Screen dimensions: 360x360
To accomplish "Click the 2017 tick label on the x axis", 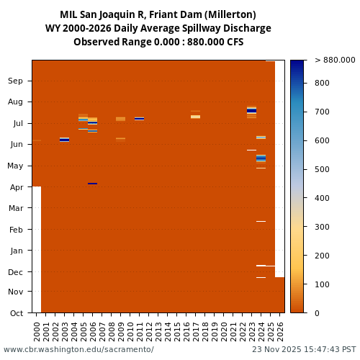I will pyautogui.click(x=196, y=331).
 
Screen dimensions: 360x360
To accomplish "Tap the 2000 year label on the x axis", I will pyautogui.click(x=37, y=331).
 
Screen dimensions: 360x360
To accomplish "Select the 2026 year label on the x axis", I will pyautogui.click(x=280, y=331).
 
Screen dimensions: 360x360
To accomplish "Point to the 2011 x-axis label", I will pyautogui.click(x=140, y=331).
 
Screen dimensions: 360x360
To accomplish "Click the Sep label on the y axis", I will pyautogui.click(x=15, y=81).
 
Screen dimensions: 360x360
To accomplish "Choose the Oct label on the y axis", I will pyautogui.click(x=15, y=313).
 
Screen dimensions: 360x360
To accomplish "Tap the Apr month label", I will pyautogui.click(x=15, y=187).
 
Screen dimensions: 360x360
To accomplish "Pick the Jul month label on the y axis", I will pyautogui.click(x=17, y=124).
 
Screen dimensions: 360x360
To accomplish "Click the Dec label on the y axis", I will pyautogui.click(x=15, y=272).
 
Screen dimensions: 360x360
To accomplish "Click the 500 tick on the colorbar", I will pyautogui.click(x=323, y=169).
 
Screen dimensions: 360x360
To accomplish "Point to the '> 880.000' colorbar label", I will pyautogui.click(x=335, y=60).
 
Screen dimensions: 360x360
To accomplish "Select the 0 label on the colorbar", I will pyautogui.click(x=317, y=313).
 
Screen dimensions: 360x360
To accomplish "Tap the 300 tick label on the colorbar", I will pyautogui.click(x=323, y=227).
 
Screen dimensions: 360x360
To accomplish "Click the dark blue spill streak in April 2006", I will pyautogui.click(x=93, y=184).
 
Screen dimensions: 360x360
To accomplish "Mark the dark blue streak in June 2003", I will pyautogui.click(x=65, y=140).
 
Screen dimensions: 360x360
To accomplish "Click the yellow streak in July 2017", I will pyautogui.click(x=196, y=117).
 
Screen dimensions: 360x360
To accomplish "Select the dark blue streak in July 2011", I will pyautogui.click(x=140, y=119).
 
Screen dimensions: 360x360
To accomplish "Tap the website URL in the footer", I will pyautogui.click(x=78, y=350).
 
